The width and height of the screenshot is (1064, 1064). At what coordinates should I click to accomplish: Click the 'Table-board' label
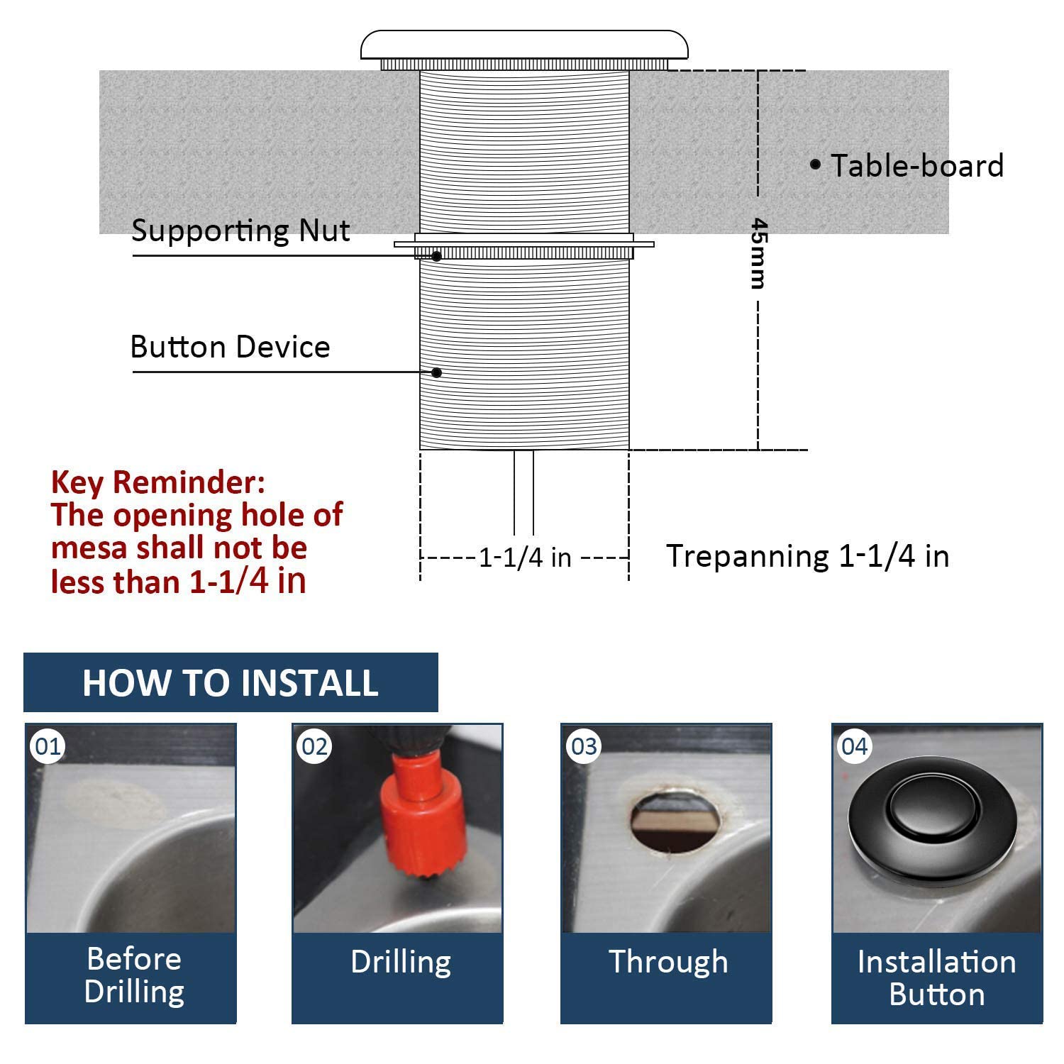click(x=916, y=166)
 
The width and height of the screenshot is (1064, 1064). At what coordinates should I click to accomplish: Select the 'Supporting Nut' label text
click(x=240, y=231)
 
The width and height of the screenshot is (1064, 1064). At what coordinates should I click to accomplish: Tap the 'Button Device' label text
click(x=230, y=347)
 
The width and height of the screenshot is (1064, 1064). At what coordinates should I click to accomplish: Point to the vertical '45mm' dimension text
click(x=758, y=253)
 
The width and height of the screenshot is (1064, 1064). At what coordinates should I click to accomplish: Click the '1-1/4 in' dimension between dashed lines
click(x=525, y=558)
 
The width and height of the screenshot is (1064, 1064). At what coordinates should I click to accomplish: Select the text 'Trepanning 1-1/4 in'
click(x=807, y=556)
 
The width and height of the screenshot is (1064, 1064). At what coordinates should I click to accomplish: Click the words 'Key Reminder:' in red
click(x=157, y=482)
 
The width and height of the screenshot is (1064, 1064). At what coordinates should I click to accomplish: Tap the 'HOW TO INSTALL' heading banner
click(x=231, y=682)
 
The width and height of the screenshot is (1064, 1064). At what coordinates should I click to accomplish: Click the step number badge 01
click(x=48, y=746)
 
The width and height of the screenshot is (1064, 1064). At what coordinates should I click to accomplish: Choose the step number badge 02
click(x=315, y=746)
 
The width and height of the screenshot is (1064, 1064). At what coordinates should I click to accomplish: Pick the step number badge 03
click(x=584, y=746)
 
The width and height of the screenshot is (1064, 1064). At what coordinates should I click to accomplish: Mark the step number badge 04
click(x=854, y=746)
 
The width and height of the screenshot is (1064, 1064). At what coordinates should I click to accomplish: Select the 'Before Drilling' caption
click(x=133, y=975)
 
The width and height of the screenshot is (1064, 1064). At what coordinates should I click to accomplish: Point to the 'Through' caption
click(x=668, y=962)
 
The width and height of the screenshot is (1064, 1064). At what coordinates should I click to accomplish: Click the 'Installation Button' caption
click(x=936, y=977)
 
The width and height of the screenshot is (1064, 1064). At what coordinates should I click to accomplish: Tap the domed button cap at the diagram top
click(x=524, y=45)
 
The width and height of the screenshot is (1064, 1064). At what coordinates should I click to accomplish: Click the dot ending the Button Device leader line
click(x=437, y=372)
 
